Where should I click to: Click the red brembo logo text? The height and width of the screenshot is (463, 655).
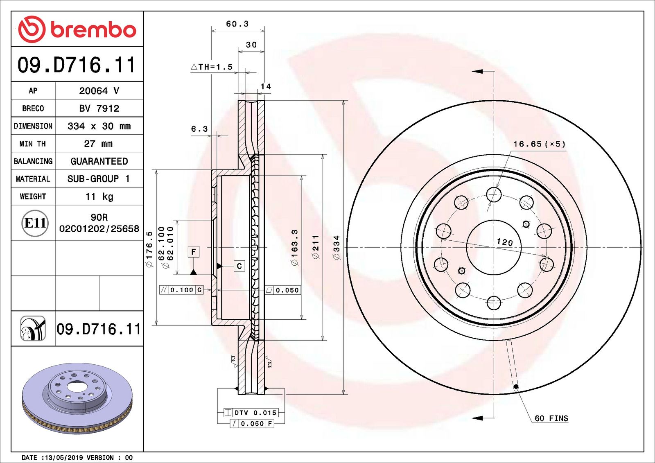93,30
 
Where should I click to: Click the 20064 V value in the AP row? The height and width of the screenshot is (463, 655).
99,91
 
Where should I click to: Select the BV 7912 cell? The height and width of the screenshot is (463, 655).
99,108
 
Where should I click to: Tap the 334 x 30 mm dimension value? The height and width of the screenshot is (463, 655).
99,126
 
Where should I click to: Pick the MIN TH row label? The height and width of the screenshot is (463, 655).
33,144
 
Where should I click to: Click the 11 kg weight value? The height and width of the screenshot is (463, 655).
99,196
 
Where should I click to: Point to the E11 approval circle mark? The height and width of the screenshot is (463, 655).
35,223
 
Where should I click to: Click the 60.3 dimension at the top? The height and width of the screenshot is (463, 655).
237,24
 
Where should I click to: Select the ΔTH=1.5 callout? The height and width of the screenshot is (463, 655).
212,67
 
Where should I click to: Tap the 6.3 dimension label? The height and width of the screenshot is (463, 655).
199,129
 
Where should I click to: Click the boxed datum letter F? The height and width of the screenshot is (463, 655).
194,251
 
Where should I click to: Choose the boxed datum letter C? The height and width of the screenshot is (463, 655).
239,266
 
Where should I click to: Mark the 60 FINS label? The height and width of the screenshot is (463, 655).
551,418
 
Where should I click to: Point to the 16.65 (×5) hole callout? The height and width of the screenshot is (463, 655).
539,144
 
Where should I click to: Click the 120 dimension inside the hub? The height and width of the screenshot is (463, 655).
504,242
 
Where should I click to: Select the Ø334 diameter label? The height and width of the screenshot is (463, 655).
337,247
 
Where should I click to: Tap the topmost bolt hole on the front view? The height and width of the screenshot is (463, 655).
494,195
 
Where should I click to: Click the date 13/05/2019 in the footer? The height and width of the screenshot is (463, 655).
63,458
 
